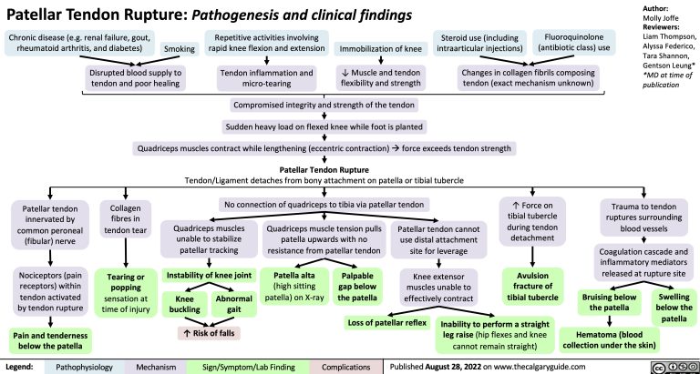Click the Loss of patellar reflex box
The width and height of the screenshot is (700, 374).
384,322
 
